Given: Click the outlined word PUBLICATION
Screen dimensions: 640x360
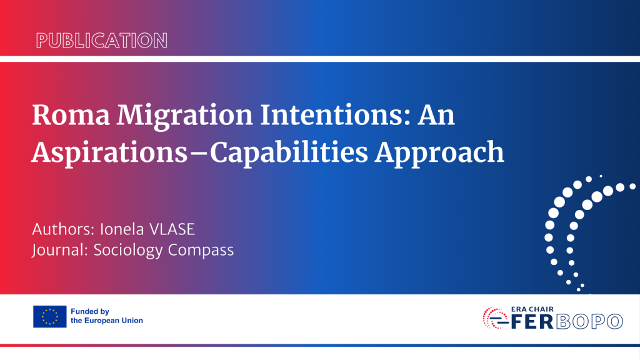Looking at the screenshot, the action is click(102, 41).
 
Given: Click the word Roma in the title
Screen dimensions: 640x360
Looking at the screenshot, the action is click(71, 115).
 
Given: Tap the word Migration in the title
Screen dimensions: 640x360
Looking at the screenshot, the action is click(185, 116).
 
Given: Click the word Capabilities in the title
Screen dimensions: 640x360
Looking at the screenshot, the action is click(289, 153).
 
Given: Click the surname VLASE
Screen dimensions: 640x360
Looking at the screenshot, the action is click(172, 229).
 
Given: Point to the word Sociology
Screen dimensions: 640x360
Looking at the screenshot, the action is click(128, 250).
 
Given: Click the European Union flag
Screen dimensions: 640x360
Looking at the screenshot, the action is click(50, 316).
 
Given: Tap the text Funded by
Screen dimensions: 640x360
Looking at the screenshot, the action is click(90, 311).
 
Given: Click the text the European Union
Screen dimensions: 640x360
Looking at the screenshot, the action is click(107, 321).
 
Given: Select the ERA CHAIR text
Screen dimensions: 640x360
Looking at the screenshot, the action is click(532, 309).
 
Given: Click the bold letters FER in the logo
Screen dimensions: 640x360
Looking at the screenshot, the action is click(532, 321).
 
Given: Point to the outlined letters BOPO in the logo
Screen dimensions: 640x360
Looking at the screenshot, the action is click(589, 321).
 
